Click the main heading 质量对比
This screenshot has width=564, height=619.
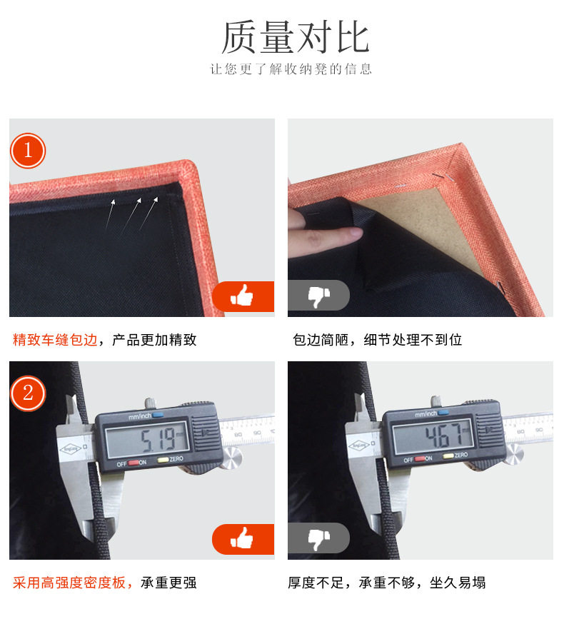[x=295, y=37]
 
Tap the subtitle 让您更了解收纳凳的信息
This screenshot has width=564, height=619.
[x=291, y=69]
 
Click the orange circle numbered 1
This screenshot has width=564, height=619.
[x=28, y=151]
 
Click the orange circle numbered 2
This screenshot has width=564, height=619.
[x=28, y=393]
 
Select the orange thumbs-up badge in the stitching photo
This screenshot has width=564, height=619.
[x=243, y=296]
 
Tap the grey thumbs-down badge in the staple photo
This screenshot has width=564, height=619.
[x=318, y=296]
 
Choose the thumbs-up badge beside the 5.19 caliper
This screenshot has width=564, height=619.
[x=243, y=539]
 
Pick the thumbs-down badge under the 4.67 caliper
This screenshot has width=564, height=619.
[x=318, y=538]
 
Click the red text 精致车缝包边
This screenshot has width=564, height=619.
[x=55, y=340]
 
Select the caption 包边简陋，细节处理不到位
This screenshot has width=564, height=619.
[x=377, y=340]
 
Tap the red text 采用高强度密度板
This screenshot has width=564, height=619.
[x=69, y=583]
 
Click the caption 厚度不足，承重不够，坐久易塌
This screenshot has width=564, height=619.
[x=386, y=583]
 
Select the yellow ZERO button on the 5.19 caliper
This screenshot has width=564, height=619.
[x=163, y=460]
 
